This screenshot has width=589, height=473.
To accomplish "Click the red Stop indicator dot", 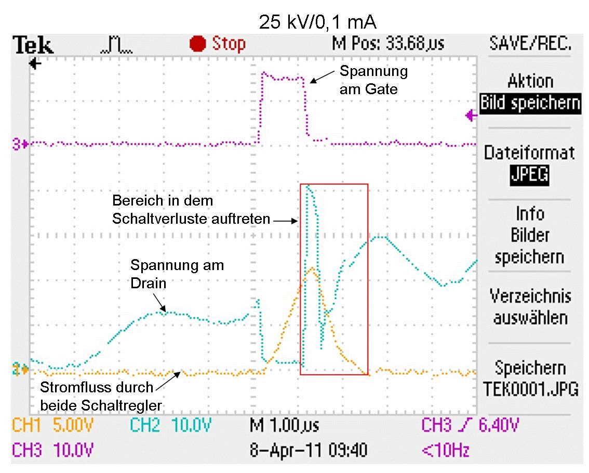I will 198,44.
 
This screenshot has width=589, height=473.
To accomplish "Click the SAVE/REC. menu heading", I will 530,44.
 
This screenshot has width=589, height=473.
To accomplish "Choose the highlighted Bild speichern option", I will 530,103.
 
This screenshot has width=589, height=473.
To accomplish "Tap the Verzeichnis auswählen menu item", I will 530,306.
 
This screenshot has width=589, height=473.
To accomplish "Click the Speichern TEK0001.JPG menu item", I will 530,378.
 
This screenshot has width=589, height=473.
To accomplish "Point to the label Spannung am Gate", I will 373,80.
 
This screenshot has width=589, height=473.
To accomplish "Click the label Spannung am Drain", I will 177,274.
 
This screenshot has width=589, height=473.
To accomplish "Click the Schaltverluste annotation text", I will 191,209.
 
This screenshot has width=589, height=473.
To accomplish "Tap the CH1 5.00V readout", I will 52,426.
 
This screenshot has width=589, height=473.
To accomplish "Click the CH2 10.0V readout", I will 170,426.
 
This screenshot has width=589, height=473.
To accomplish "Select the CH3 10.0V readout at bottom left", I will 52,450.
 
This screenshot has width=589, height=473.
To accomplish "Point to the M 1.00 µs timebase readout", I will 284,426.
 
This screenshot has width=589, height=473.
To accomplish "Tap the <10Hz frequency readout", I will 446,450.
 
